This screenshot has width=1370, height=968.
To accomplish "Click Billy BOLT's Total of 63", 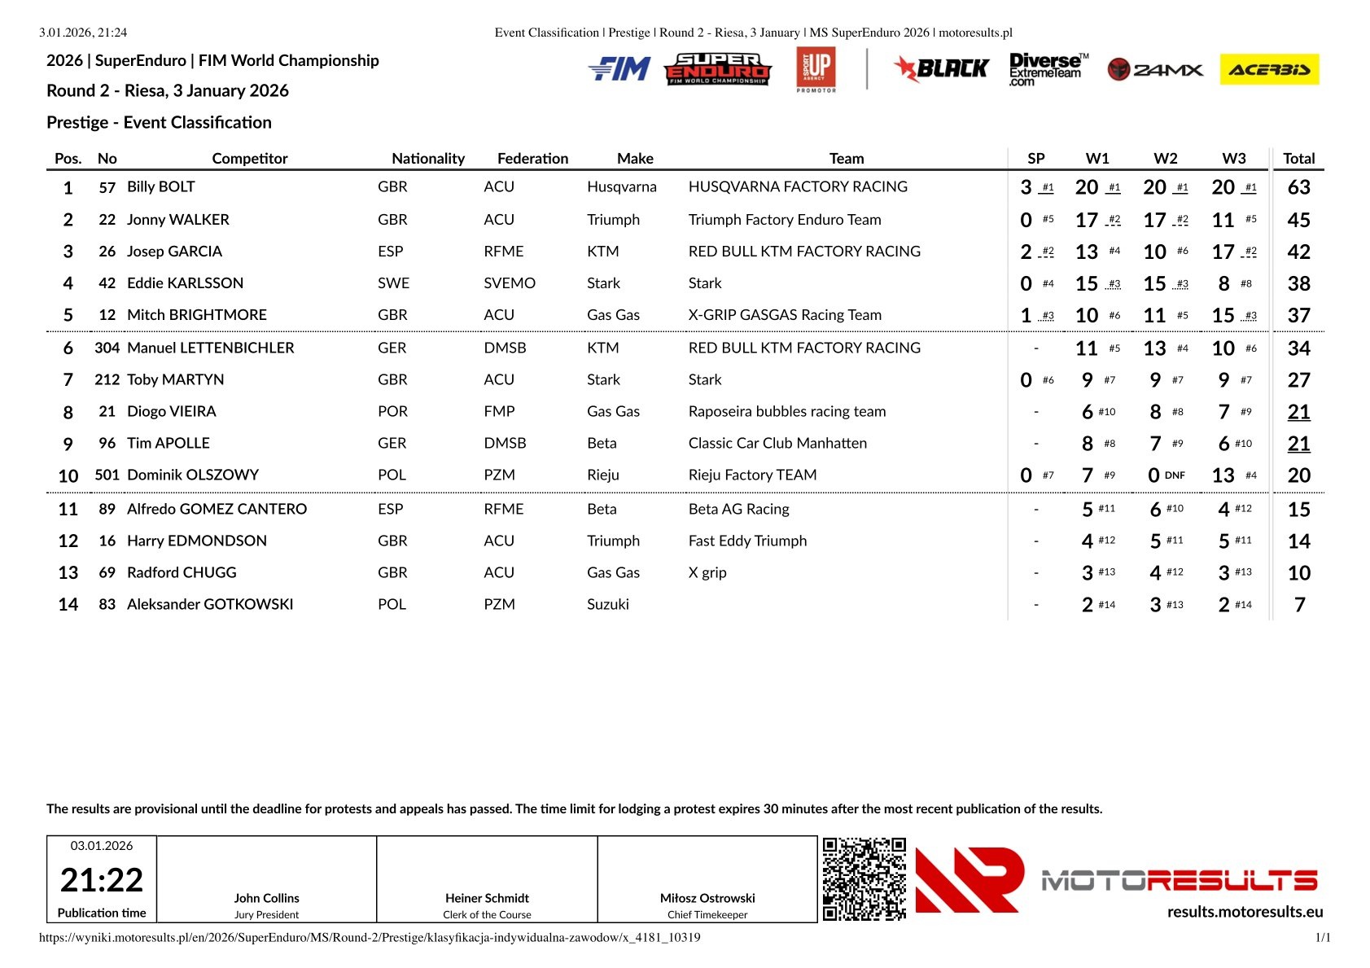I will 1298,187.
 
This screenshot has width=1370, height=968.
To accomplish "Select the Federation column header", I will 532,158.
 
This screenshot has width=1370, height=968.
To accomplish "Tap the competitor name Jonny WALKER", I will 178,220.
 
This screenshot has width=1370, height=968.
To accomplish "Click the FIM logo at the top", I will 619,69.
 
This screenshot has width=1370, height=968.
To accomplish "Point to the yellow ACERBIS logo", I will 1269,70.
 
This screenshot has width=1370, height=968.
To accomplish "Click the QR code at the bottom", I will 864,878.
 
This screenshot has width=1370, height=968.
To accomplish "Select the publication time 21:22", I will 102,880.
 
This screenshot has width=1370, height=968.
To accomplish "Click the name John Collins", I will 266,898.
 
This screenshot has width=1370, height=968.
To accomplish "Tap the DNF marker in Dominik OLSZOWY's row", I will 1175,475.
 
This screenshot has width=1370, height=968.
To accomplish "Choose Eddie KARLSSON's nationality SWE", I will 393,283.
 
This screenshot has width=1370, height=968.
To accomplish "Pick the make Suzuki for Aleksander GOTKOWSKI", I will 608,604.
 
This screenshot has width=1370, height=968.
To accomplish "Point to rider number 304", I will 107,348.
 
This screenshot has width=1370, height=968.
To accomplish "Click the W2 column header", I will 1165,158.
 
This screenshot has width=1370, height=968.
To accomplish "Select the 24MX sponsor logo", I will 1155,70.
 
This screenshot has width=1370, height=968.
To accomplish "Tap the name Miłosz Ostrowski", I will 707,898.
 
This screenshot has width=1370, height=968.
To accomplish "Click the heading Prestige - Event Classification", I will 159,122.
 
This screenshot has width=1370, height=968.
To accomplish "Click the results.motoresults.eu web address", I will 1245,912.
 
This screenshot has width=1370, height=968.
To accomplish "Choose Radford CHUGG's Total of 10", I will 1298,573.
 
